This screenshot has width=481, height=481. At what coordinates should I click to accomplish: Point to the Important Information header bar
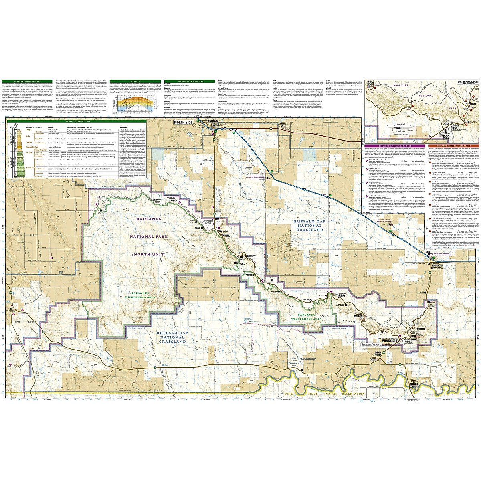click(x=190, y=81)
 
